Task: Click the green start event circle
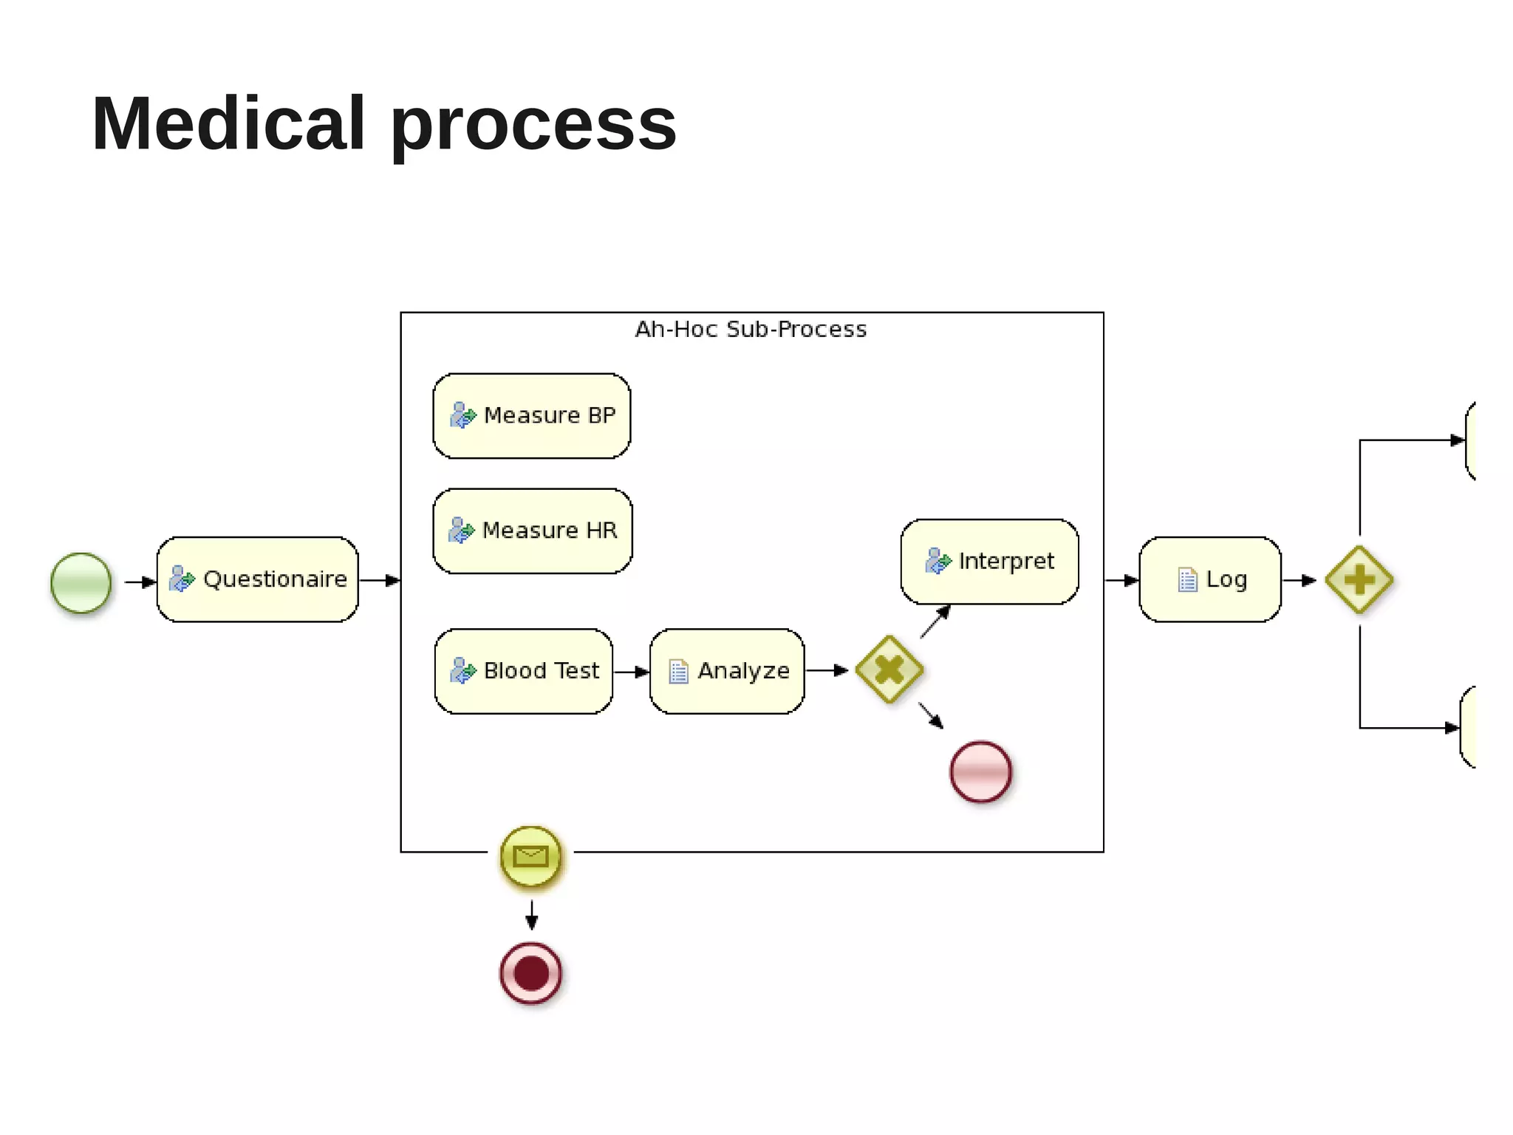(81, 582)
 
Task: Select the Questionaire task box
(257, 579)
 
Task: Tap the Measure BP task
(532, 416)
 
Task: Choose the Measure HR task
(533, 531)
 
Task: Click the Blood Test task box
(524, 671)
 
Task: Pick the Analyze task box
(727, 671)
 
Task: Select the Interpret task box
(989, 562)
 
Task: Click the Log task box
(1210, 579)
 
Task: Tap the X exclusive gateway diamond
(889, 669)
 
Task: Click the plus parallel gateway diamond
(1359, 580)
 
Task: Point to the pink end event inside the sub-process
(980, 771)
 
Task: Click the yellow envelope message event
(530, 856)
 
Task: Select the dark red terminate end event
(530, 972)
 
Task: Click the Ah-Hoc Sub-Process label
(751, 330)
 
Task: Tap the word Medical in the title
(228, 124)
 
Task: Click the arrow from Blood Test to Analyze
(631, 672)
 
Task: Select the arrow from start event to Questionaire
(140, 582)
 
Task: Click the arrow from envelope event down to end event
(531, 915)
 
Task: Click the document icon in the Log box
(1187, 580)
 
